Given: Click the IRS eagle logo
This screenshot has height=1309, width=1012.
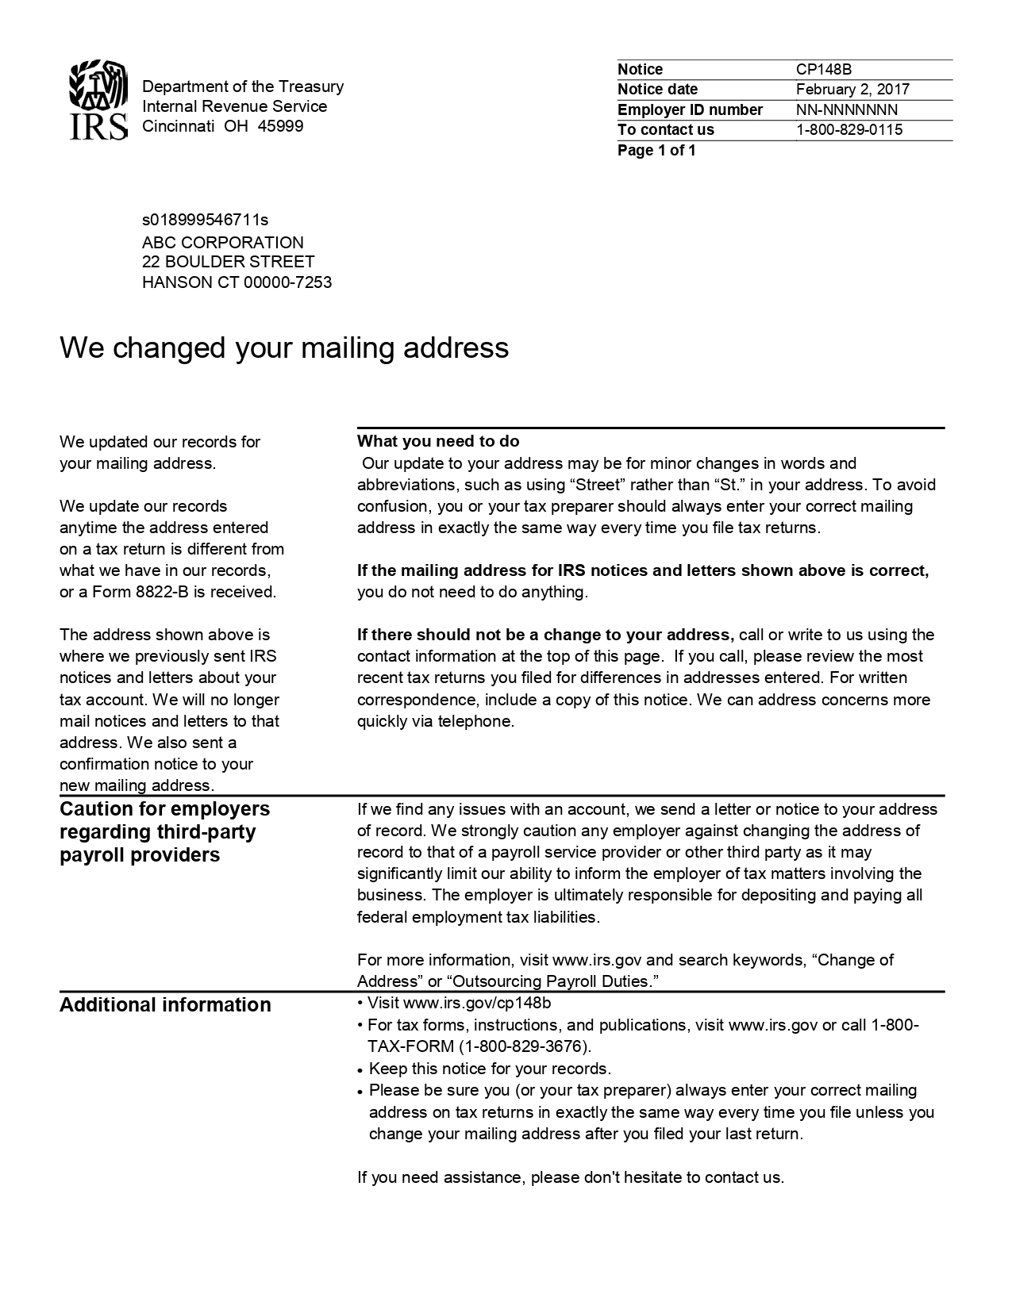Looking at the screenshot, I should pos(98,101).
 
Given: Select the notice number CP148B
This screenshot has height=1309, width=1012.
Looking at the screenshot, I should pos(824,70).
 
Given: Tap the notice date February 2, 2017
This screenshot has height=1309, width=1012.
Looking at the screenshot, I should pos(852,90).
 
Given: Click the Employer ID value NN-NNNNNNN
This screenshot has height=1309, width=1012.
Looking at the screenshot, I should pos(847,110).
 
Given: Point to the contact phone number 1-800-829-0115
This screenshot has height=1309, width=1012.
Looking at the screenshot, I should pos(849,130).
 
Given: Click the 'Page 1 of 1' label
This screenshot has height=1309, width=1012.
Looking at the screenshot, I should pos(656,151).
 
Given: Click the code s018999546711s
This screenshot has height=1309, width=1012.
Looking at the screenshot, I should pos(205,220).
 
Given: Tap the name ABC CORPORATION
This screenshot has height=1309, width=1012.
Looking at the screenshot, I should pos(222,243).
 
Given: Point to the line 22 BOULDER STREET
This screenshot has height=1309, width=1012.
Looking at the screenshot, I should pos(228,262).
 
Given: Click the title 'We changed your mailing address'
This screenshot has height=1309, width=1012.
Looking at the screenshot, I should pos(284,347).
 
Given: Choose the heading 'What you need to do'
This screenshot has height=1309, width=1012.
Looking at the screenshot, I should pos(438,441).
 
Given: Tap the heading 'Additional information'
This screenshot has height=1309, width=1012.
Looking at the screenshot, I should pos(165,1005).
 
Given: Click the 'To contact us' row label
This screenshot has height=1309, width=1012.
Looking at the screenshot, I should pos(666,130).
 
